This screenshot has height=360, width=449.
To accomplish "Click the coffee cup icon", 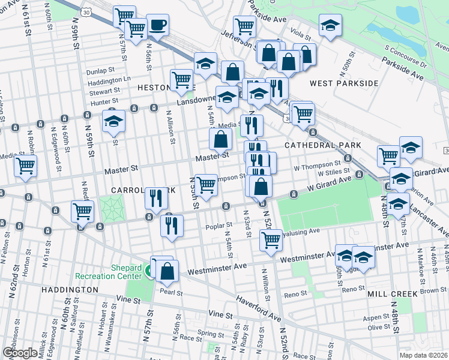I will pos(158,26).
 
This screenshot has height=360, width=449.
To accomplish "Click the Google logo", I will pos(20,353).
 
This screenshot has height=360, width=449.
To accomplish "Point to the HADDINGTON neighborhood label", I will pos(70,289).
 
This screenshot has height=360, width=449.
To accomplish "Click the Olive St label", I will pos(379,327).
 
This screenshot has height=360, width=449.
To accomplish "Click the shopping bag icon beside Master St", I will pos(221,140).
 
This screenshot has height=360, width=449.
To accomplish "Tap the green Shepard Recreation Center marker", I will pos(148,272).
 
